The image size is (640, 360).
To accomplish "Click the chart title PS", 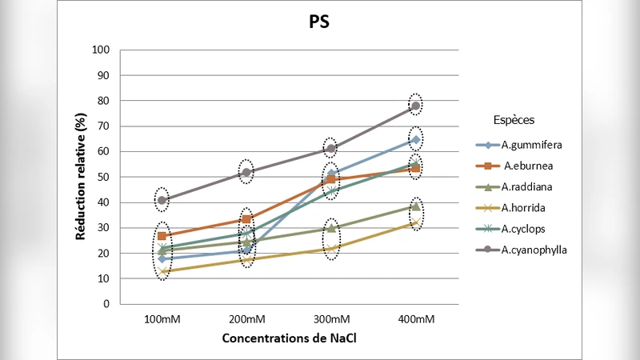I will pos(319,22).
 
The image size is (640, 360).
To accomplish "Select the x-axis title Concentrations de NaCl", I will pos(289,338).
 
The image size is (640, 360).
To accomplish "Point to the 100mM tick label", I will pos(162,318).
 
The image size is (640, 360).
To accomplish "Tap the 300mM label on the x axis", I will pos(331,318).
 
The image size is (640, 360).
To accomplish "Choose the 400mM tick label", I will pos(415,318).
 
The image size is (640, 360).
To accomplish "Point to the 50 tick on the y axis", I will pos(103,177).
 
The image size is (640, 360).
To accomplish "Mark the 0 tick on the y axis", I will pos(106,304).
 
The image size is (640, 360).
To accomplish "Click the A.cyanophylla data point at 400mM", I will pos(415,106).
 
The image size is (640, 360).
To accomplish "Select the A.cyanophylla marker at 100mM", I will pos(162,200).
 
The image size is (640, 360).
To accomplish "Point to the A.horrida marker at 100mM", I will pos(162,272).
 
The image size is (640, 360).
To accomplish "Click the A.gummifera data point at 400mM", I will pos(415,139).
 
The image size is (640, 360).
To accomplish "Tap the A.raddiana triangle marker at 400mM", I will pos(415,206).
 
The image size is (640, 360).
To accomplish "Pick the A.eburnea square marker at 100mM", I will pos(162,236).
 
